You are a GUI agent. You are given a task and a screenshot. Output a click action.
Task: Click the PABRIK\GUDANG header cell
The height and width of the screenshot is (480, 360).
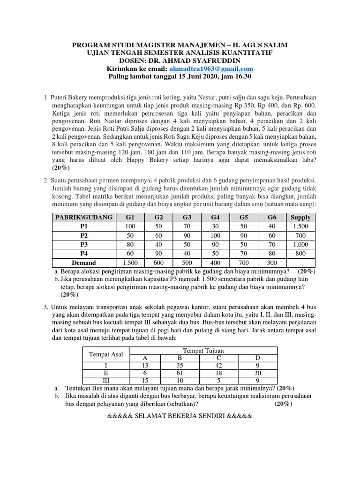tap(84, 217)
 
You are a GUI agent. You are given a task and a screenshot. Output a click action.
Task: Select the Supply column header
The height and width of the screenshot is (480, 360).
tap(300, 217)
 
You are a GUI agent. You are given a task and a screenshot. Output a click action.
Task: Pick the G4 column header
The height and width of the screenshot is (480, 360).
tap(216, 217)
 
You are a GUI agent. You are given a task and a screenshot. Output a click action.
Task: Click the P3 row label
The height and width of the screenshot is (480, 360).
tap(84, 245)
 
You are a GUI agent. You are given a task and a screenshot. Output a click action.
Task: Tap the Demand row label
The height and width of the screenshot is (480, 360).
tap(84, 262)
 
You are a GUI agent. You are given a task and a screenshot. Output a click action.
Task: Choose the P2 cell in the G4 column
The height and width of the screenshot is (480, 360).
tap(216, 235)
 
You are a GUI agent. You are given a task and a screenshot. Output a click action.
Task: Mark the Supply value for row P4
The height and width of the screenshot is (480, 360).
tap(300, 254)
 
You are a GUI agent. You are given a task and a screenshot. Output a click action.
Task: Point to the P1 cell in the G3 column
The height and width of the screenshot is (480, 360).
tap(187, 226)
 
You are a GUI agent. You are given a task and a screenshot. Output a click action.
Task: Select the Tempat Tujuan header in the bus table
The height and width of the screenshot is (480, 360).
tap(203, 351)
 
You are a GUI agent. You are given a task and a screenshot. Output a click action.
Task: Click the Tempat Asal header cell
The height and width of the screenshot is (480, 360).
tap(105, 354)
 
